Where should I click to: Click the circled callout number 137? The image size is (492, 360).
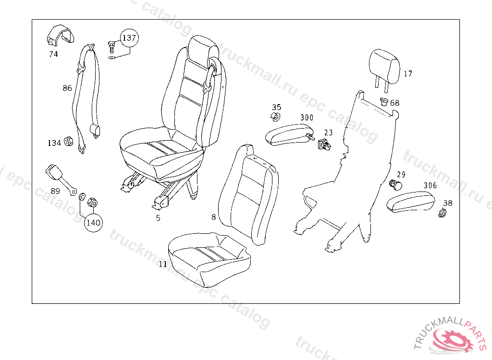[x=129, y=38]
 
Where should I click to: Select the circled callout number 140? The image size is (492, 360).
[x=94, y=223]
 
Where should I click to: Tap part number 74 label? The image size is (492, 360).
[x=53, y=54]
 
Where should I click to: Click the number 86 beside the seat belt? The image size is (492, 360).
[x=67, y=88]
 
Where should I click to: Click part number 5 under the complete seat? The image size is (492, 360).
[x=158, y=218]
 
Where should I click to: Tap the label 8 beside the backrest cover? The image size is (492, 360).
[x=214, y=217]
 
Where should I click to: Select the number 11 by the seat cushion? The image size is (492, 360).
[x=163, y=264]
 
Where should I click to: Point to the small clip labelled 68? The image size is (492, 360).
[x=384, y=102]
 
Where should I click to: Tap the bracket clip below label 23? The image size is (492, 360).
[x=324, y=144]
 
